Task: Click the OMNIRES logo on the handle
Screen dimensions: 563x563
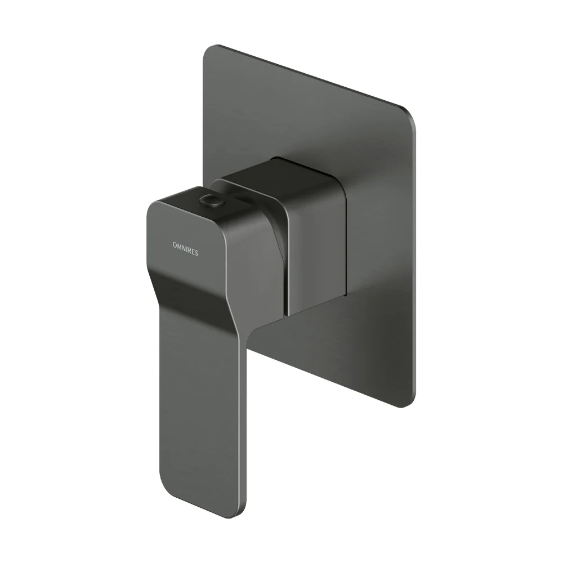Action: tap(185, 249)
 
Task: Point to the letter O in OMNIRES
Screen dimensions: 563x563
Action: tap(175, 245)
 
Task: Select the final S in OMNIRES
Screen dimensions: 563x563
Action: tap(196, 253)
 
